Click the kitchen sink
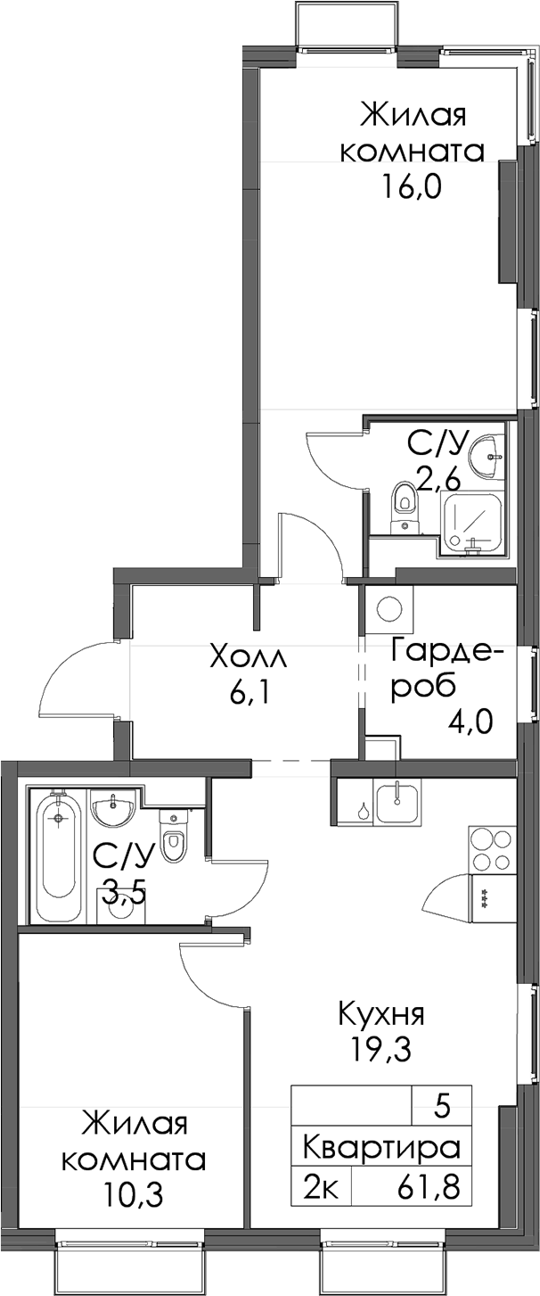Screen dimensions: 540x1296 [397, 802]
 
